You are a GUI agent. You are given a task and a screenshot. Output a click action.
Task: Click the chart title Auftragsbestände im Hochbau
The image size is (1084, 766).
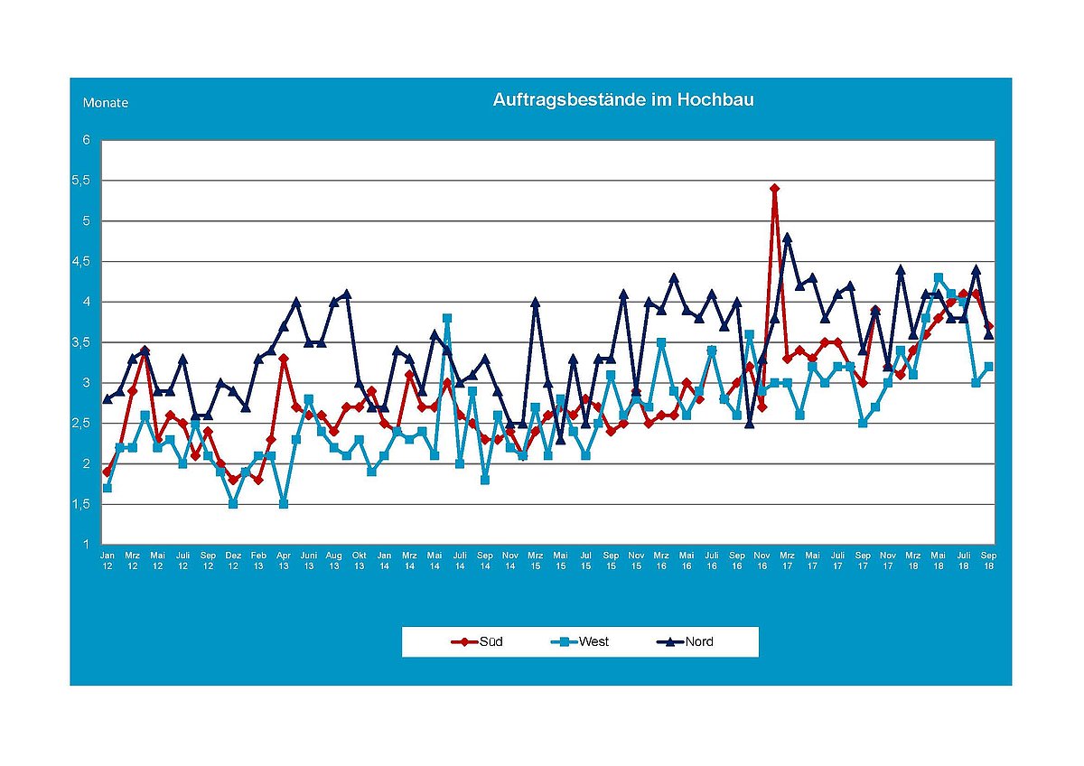tap(622, 100)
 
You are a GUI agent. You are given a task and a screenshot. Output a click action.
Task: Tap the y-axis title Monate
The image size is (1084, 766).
tap(106, 103)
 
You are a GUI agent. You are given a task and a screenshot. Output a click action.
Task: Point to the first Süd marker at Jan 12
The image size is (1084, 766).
tap(107, 472)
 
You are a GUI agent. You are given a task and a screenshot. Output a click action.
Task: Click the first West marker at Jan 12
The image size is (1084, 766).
tap(107, 488)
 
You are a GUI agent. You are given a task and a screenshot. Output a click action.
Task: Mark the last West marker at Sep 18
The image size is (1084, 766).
tap(989, 367)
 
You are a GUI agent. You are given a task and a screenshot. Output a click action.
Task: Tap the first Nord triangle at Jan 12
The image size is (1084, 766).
tap(107, 398)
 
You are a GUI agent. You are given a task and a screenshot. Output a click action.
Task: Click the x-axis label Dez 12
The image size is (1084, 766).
tap(233, 560)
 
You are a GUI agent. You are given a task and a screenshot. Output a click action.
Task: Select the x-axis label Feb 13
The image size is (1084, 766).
tap(258, 560)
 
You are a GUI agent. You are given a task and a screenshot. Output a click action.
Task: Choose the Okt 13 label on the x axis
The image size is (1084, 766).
tap(359, 560)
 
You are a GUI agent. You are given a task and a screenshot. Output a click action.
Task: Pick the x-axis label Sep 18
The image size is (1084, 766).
tap(989, 560)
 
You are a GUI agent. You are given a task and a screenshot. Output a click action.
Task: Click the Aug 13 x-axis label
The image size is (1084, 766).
tap(333, 560)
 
